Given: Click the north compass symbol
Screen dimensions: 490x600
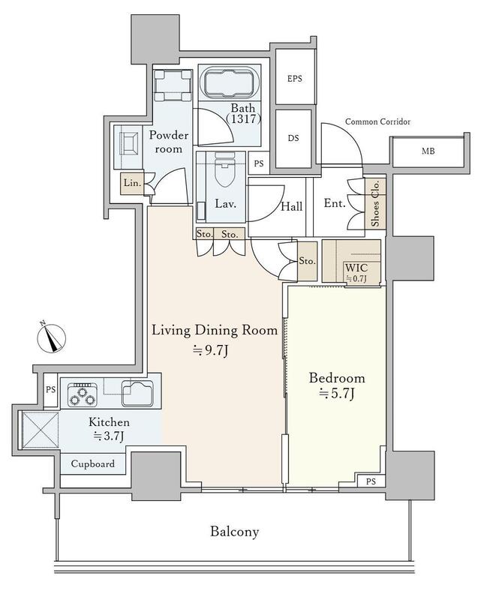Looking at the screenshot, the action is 52,338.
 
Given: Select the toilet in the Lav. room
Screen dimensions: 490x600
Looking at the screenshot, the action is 224,170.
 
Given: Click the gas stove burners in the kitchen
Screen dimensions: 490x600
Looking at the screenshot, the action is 82,395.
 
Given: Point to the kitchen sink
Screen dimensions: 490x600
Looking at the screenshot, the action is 137,393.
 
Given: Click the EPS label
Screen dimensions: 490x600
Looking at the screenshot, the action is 294,79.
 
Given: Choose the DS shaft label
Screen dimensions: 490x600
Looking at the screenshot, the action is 293,138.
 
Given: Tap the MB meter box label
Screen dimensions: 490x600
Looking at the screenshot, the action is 428,151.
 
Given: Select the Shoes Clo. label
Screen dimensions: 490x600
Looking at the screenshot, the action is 375,203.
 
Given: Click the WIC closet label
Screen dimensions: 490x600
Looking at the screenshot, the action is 356,268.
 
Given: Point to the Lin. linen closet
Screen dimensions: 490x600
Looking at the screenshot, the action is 132,183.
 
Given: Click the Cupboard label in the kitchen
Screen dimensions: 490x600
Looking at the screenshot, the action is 92,463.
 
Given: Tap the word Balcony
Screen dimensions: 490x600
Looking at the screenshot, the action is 234,532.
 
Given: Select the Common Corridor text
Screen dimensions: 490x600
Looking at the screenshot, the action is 377,121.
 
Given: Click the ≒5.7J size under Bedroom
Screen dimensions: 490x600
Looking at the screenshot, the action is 336,393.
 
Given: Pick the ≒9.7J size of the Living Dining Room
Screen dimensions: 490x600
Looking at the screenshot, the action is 211,350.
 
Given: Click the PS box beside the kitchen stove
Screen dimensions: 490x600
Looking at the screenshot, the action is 50,390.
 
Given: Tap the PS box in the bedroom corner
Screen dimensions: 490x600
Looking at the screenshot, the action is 371,481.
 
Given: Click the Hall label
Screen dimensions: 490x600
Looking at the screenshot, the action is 292,207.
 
